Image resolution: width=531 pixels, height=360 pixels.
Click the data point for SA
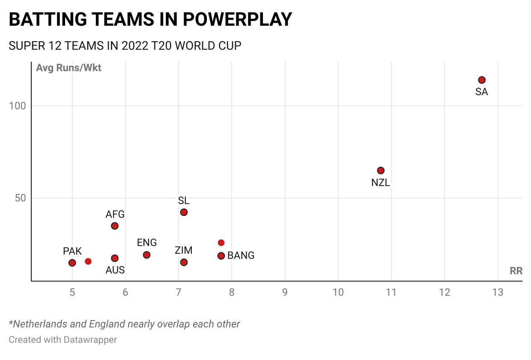point(482,80)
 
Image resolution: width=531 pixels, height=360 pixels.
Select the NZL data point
point(381,171)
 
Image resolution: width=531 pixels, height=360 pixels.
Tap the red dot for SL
point(184,212)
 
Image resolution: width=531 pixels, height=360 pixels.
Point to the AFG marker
point(115,226)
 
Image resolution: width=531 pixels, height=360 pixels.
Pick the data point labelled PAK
point(72,263)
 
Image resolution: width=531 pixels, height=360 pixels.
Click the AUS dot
point(115,258)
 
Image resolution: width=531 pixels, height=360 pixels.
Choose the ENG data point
point(146,255)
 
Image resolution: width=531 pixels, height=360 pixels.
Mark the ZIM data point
point(184,262)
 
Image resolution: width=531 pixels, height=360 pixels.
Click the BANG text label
point(241,256)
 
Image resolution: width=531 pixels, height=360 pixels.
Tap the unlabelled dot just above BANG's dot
point(221,243)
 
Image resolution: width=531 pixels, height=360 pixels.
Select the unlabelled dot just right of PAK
point(88,261)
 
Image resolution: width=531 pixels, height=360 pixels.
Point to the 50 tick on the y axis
point(20,198)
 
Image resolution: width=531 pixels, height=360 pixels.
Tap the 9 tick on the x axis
point(285,293)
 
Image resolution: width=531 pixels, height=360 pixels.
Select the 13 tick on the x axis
point(498,293)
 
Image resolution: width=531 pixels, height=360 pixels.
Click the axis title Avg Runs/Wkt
point(69,68)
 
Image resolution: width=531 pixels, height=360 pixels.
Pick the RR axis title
point(516,271)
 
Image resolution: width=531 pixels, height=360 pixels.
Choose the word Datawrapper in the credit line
point(90,340)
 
